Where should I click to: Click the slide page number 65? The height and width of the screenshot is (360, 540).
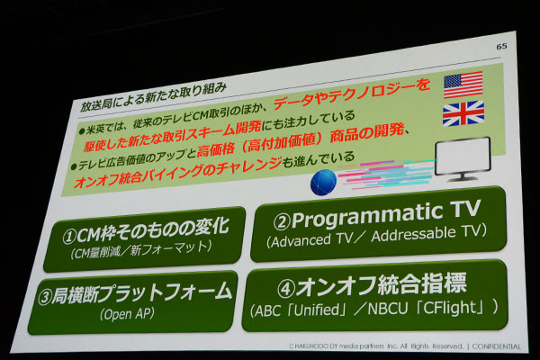(501, 46)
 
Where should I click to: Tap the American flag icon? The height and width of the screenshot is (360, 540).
(463, 85)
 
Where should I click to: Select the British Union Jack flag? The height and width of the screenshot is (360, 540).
(463, 113)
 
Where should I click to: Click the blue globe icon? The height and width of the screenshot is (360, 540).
(323, 182)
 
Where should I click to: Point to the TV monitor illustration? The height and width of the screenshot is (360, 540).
(463, 158)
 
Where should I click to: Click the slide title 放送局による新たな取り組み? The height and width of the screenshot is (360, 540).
(154, 97)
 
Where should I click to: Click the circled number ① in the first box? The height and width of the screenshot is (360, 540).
(69, 237)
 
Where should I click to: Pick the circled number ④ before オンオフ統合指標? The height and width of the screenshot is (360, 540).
(285, 290)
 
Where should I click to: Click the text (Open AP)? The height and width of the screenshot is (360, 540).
(127, 314)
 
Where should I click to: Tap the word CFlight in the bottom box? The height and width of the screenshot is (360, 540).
(453, 308)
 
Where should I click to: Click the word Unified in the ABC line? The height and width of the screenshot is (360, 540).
(317, 310)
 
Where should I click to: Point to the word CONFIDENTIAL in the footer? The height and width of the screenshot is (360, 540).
(496, 346)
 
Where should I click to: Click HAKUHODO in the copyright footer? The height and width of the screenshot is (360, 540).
(307, 346)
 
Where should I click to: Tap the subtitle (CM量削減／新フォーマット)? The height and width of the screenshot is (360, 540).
(141, 249)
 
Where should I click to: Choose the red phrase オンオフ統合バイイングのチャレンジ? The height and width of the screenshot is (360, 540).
(177, 172)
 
